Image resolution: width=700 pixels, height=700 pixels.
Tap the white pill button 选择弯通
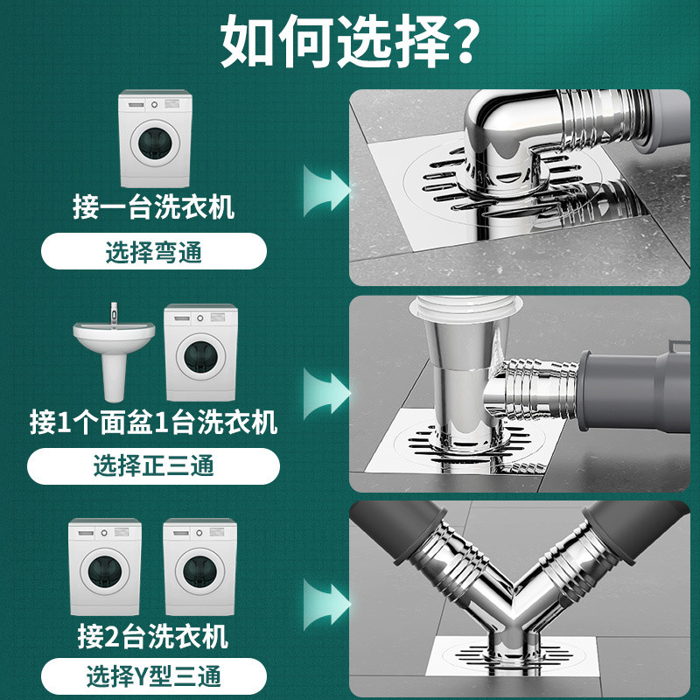(x=154, y=251)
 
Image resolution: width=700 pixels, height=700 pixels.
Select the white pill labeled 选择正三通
(x=154, y=466)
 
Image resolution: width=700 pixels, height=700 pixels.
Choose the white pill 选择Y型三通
(x=154, y=676)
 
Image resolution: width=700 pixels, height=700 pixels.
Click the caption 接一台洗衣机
(x=154, y=206)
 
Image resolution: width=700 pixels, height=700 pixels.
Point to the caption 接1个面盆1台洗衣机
(x=154, y=422)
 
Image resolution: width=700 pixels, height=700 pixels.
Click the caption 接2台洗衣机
(x=153, y=636)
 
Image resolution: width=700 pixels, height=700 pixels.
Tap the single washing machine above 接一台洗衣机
(x=156, y=139)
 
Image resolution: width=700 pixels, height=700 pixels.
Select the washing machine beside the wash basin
(x=201, y=353)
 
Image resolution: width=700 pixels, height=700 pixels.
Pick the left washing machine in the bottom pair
(x=105, y=567)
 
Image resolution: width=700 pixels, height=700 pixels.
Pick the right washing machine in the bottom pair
(x=200, y=567)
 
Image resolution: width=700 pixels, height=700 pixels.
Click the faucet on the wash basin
(x=115, y=314)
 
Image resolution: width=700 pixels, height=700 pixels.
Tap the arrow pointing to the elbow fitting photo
(x=326, y=190)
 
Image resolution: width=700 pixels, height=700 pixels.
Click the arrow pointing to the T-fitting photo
(x=326, y=394)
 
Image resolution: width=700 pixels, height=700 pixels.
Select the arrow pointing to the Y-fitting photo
(x=326, y=605)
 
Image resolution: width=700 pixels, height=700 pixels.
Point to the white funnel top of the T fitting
(x=466, y=308)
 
